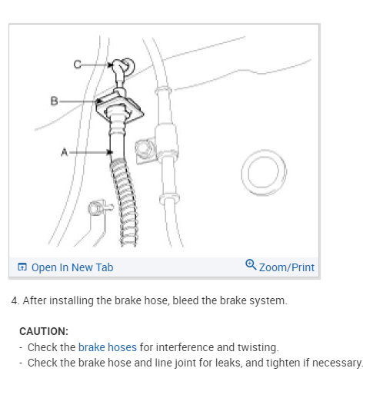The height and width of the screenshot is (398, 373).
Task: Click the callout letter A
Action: click(x=65, y=152)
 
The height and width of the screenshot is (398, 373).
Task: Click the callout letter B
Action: click(x=54, y=101)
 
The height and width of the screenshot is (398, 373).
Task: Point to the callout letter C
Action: click(x=77, y=64)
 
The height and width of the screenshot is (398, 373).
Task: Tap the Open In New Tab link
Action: click(x=72, y=267)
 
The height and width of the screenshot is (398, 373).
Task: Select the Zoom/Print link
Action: click(x=287, y=267)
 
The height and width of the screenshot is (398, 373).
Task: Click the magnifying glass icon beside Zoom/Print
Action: click(x=251, y=264)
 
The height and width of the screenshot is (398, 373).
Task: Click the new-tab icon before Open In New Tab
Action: click(x=22, y=267)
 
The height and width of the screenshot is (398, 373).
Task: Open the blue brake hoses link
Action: click(x=108, y=347)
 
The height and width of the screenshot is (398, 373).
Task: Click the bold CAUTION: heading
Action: click(x=44, y=331)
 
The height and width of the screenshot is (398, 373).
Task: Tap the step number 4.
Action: click(x=15, y=300)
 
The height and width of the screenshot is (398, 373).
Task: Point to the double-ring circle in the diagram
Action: click(x=264, y=173)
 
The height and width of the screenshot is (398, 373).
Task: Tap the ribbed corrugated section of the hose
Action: click(x=125, y=202)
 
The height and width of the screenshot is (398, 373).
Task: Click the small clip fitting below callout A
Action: click(x=99, y=207)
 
